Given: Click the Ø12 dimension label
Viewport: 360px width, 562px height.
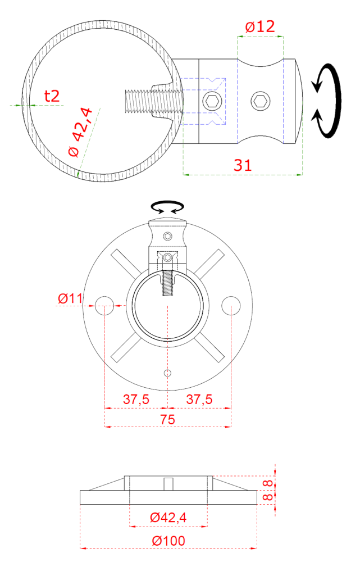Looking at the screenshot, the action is [260, 26].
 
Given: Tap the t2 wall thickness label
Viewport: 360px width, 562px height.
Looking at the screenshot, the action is [52, 96].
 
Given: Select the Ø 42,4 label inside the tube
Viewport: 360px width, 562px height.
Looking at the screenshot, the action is [81, 132].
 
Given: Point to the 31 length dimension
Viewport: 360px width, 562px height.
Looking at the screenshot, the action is [243, 165].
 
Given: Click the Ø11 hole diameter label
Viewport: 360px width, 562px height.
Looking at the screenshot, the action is [70, 298].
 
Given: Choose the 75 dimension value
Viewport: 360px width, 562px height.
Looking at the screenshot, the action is [167, 419].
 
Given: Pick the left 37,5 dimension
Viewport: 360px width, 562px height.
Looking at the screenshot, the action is [136, 399].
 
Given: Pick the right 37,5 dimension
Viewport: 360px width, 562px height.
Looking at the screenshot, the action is [199, 399].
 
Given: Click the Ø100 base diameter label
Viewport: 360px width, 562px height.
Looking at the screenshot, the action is [168, 541].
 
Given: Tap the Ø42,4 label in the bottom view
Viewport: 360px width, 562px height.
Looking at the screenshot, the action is [168, 518].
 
